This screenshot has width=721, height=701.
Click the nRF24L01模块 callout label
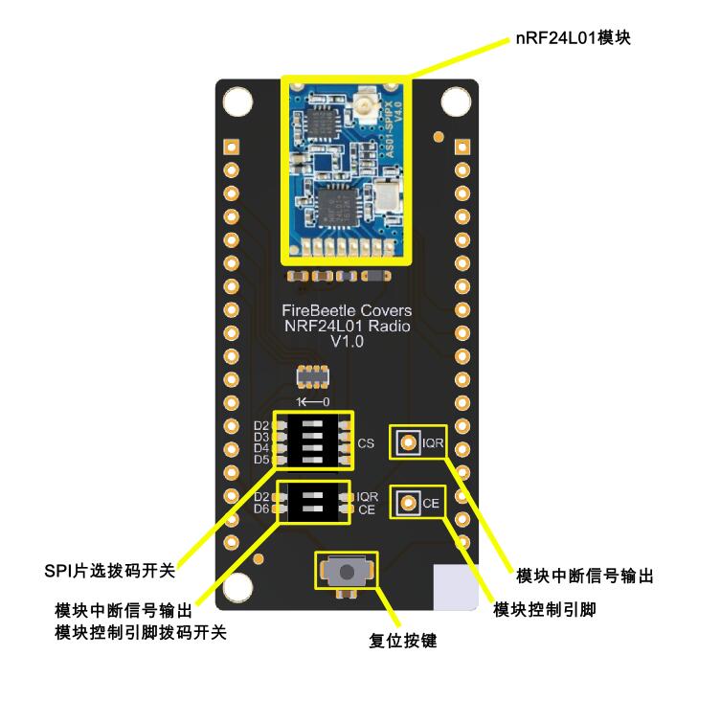click(x=572, y=39)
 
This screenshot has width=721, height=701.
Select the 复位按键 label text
click(x=402, y=641)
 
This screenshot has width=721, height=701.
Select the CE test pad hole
click(x=409, y=503)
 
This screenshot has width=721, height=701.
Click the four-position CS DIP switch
click(x=311, y=441)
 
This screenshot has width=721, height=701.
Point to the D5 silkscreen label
click(x=261, y=460)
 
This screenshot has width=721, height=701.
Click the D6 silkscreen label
click(x=261, y=509)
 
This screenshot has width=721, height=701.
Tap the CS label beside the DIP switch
click(x=366, y=444)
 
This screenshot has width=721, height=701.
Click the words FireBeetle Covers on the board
click(x=347, y=311)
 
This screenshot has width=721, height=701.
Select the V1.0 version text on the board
click(x=347, y=342)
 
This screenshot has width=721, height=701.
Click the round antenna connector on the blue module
click(x=366, y=102)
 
